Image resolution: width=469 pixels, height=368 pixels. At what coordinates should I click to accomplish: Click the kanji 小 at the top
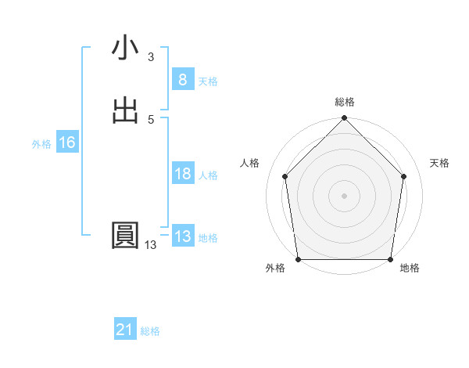point(125,48)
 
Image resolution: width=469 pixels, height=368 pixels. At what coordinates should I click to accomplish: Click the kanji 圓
point(125,236)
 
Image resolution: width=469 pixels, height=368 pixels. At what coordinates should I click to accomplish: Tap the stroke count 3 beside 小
point(151,57)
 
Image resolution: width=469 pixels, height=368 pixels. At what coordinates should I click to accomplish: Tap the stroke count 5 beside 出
point(151,119)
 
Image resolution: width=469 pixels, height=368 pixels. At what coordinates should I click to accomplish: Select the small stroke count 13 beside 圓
point(150,245)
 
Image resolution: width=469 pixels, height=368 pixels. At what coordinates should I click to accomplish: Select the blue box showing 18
point(182,174)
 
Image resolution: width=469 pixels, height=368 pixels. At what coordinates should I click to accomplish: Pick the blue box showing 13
point(182,236)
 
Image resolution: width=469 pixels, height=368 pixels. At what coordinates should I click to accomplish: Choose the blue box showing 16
point(66,143)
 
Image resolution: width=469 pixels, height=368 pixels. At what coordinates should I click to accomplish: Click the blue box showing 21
point(124,330)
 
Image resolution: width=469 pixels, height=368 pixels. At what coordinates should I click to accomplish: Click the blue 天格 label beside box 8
point(208,81)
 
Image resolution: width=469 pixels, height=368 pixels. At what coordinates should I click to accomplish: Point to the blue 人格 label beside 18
point(208,175)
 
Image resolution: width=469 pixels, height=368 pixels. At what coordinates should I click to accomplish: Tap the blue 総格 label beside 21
point(150,331)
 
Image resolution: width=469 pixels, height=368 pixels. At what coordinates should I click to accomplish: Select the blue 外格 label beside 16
point(41,144)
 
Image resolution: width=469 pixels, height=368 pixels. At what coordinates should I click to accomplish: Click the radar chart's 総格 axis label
point(345,102)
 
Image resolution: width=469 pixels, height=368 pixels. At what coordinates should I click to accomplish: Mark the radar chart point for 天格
point(404,176)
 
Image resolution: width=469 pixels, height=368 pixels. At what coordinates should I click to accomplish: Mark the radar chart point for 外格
point(298,259)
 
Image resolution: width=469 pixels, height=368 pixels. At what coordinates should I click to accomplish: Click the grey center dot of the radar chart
point(344,195)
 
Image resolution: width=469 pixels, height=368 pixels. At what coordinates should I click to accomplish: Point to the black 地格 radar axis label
point(410,269)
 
